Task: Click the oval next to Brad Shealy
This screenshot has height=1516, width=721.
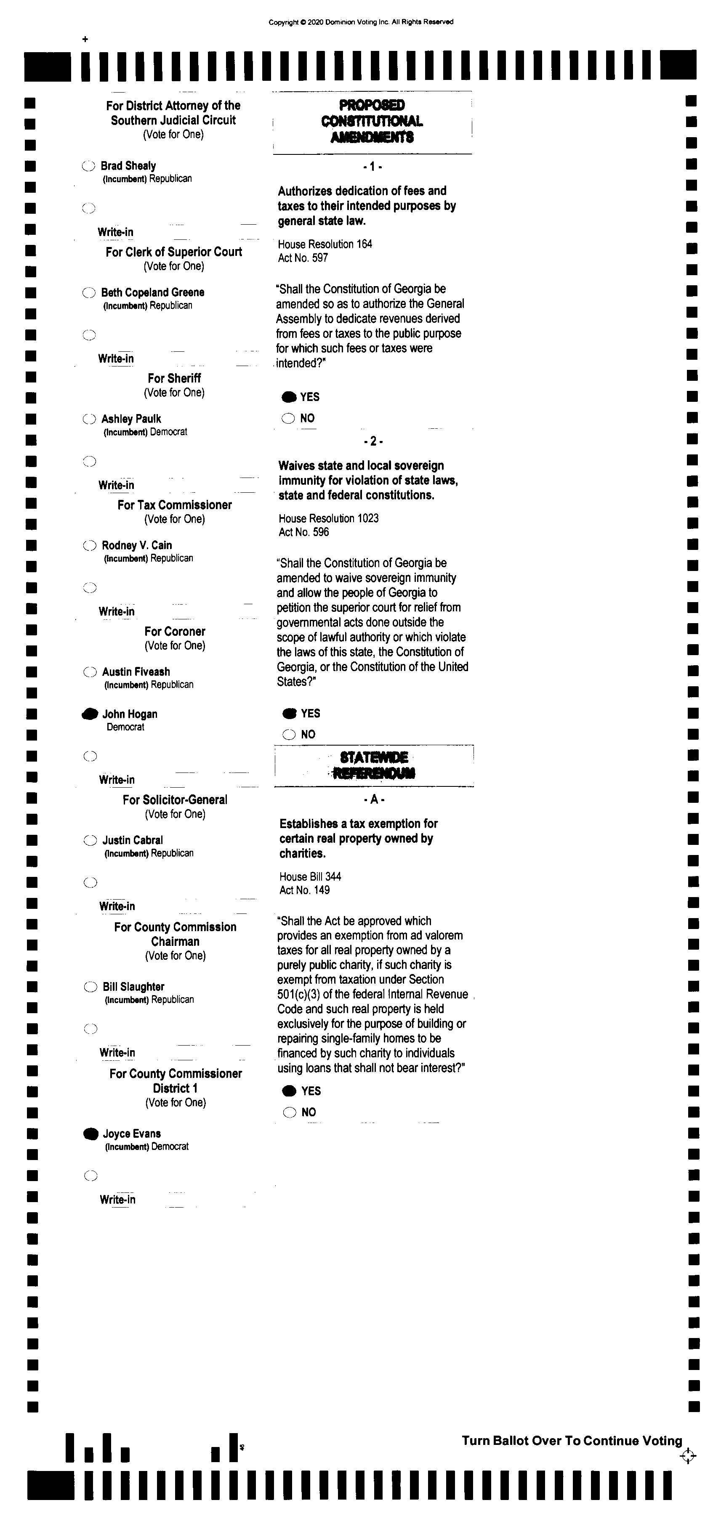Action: coord(88,166)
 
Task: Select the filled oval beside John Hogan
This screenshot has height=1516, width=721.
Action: coord(90,714)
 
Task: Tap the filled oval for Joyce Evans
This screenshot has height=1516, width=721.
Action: coord(90,1134)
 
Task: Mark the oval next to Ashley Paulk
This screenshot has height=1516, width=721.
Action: coord(89,419)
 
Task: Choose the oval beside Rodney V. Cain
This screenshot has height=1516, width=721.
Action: coord(90,546)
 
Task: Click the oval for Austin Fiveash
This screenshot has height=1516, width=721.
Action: coord(90,672)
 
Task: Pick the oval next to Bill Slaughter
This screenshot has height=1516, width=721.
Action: coord(90,987)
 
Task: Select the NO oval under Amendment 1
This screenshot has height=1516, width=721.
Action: coord(288,418)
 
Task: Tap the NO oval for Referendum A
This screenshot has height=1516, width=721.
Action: coord(290,1112)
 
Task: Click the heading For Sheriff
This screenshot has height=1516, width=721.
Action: coord(174,378)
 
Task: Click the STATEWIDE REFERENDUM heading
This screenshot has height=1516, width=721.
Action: coord(374,765)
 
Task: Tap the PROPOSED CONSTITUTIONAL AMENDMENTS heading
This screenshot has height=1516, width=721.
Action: coord(372,121)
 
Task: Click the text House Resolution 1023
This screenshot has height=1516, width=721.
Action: coord(328,518)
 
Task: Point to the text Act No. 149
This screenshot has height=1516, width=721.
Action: coord(304,890)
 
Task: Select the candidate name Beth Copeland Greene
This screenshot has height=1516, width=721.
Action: coord(152,292)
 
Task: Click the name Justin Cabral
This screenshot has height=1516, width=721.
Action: coord(133,840)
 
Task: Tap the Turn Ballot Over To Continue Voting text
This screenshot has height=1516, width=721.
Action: coord(572,1441)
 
